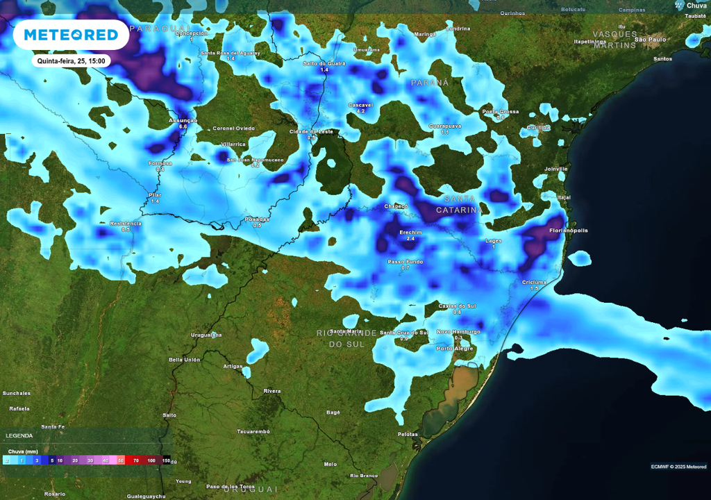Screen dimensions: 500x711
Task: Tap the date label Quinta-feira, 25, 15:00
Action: click(x=72, y=61)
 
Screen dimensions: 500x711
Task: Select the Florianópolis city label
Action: click(x=568, y=230)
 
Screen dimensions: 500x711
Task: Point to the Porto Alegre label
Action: click(x=454, y=348)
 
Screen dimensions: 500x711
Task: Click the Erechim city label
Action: click(x=410, y=232)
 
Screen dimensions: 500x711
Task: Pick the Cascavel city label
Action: click(x=360, y=105)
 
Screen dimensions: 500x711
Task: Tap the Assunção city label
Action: click(x=183, y=120)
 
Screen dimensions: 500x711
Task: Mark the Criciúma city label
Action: click(x=534, y=282)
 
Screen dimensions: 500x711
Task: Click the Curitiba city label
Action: click(x=538, y=127)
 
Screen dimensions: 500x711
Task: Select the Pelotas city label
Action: click(x=407, y=434)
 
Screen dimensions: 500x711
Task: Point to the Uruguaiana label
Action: click(x=206, y=335)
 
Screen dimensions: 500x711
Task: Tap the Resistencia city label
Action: click(x=126, y=223)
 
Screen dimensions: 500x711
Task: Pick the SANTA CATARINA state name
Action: click(x=459, y=204)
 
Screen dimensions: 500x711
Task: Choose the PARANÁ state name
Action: click(x=430, y=82)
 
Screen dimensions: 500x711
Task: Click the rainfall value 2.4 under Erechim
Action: click(x=410, y=239)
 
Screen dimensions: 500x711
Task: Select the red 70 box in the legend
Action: click(x=136, y=460)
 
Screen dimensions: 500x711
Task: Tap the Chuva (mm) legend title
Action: click(x=22, y=451)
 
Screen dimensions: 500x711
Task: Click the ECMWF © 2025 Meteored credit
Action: click(x=678, y=466)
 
